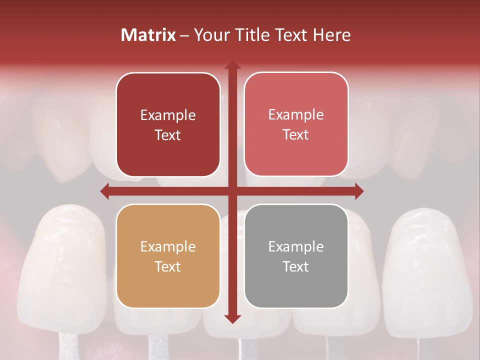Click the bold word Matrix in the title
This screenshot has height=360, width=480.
click(148, 35)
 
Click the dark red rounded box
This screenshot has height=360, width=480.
click(168, 125)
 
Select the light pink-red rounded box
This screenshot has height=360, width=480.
click(296, 124)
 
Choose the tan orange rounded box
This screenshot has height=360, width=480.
click(168, 256)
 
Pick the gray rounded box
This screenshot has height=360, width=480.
click(296, 256)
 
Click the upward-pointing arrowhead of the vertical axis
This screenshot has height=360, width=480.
click(232, 65)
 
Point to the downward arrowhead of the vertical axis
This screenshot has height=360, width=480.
click(232, 319)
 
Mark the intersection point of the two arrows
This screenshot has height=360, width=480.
click(232, 191)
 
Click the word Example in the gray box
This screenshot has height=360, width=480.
click(296, 246)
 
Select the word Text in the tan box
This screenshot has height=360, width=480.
click(168, 266)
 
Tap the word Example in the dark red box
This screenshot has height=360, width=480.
click(168, 115)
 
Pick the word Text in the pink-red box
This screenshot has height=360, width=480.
click(296, 135)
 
